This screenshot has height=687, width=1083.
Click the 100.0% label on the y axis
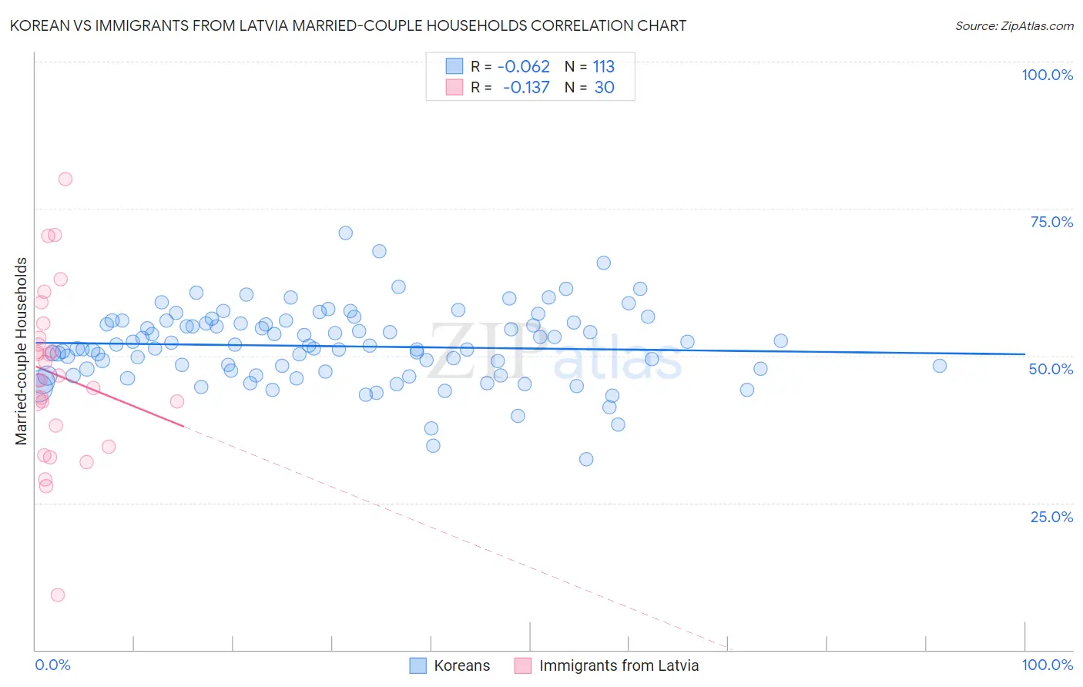point(1047,75)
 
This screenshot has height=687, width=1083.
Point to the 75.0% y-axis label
point(1051,222)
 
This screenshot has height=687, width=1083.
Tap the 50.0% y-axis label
point(1051,369)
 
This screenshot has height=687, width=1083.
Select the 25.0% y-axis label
point(1051,517)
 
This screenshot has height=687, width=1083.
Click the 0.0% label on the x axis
point(52,665)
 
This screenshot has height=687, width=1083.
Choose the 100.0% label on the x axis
point(1047,665)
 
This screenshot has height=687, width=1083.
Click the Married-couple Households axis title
point(22,351)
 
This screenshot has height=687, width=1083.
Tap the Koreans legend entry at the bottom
point(461,666)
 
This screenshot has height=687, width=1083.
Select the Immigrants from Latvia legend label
point(619,666)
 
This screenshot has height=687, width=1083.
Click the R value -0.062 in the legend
point(524,67)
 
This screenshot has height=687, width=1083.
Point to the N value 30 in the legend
point(605,88)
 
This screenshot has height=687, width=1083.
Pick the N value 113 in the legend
point(604,67)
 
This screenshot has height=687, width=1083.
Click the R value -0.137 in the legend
point(526,88)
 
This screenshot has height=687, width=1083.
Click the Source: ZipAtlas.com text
point(1014,26)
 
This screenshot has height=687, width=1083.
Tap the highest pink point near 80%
point(65,179)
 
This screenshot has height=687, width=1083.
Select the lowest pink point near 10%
point(58,595)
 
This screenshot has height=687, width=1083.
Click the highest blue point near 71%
point(346,233)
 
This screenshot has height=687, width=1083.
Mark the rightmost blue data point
point(940,366)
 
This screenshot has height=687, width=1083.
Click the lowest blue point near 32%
point(586,459)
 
